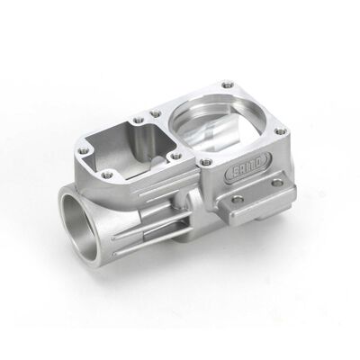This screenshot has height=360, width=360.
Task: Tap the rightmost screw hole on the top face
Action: [x=279, y=132]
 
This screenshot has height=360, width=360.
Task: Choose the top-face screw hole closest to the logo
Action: [x=206, y=162]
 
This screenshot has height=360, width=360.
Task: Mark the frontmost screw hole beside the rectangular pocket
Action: [x=107, y=174]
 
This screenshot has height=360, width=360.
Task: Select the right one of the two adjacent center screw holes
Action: [x=155, y=114]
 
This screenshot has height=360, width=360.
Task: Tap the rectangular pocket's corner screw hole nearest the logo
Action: [x=175, y=155]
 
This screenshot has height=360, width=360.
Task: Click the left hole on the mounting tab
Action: [x=238, y=198]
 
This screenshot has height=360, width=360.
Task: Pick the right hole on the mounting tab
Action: [x=277, y=182]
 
